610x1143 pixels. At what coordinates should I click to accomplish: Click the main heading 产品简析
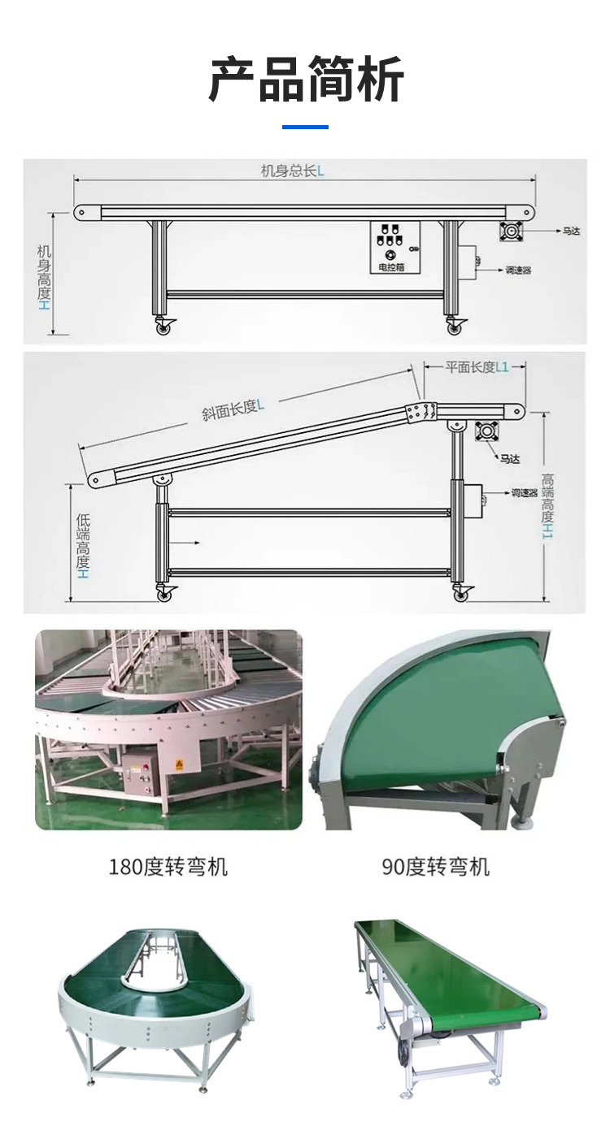(306, 80)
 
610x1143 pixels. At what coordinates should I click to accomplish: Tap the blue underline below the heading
(305, 127)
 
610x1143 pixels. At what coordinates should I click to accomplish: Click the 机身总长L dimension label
(292, 170)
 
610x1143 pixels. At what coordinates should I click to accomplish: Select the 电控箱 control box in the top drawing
(395, 248)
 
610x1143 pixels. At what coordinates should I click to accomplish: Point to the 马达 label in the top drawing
(571, 232)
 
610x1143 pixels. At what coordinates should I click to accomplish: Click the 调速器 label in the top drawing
(518, 270)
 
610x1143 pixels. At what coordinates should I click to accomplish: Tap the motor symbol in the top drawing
(510, 232)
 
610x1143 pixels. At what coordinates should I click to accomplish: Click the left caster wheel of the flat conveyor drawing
(164, 327)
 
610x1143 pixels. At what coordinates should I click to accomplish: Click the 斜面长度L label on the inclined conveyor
(233, 409)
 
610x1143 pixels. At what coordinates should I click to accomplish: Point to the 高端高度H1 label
(547, 506)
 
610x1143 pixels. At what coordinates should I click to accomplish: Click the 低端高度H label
(82, 546)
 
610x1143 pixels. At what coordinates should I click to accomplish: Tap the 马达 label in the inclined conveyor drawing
(509, 459)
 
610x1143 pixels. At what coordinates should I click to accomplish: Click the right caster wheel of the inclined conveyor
(462, 594)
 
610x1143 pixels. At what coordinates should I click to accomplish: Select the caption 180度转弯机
(168, 866)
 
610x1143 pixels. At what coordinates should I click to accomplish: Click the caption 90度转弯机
(436, 866)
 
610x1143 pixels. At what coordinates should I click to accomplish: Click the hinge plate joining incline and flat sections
(421, 413)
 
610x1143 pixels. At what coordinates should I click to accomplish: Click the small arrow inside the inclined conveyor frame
(184, 543)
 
